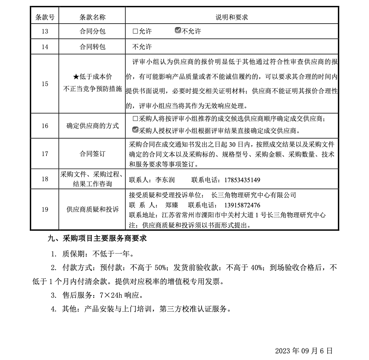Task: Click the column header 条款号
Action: tap(45, 17)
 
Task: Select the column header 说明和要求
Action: tap(231, 17)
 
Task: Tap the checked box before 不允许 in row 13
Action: tap(178, 30)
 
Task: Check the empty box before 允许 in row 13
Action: tap(135, 31)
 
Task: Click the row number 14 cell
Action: tap(45, 47)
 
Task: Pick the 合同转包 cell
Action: tap(92, 47)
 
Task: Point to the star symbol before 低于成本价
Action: tap(76, 77)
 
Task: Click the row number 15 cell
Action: tap(45, 84)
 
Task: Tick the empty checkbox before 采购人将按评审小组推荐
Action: tap(135, 119)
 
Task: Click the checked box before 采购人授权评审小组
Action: tap(135, 130)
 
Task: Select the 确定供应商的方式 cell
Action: tap(92, 126)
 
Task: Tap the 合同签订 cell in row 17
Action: tap(92, 154)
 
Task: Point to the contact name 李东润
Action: tap(165, 180)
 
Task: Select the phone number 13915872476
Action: tap(242, 205)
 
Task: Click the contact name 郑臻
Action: tap(172, 205)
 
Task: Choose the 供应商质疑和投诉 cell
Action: tap(92, 209)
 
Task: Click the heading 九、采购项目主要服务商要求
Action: tap(97, 238)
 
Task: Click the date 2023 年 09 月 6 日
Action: tap(304, 351)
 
